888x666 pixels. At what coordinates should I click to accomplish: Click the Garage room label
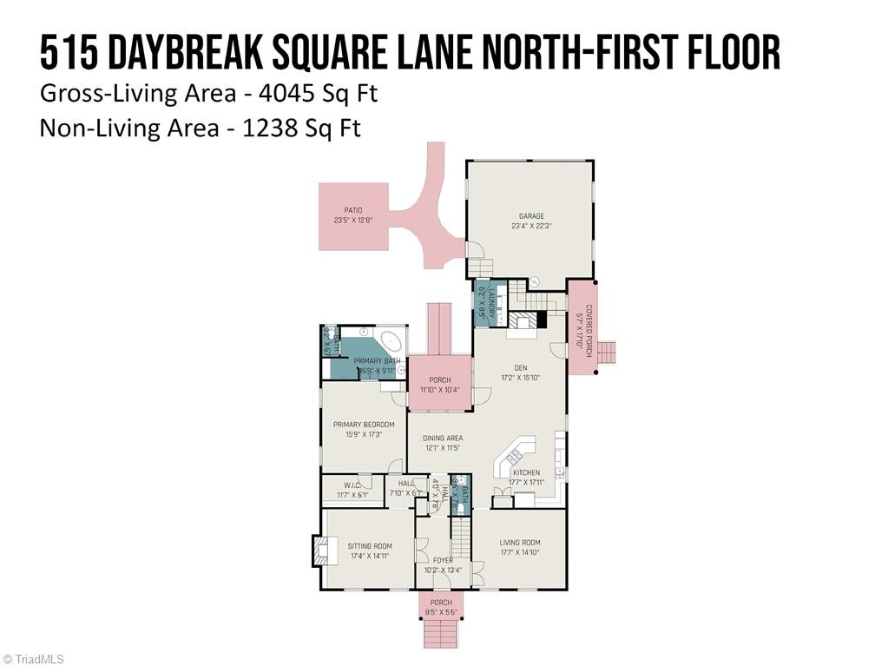tap(531, 216)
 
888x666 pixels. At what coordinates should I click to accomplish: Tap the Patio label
tap(352, 210)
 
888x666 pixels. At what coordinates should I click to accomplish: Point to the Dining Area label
tap(443, 439)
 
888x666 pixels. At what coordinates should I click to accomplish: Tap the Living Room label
tap(519, 544)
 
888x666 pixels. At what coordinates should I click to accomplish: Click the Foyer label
tap(443, 561)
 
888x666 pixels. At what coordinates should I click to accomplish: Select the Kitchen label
tap(526, 473)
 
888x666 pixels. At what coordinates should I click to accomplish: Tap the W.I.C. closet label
tap(352, 486)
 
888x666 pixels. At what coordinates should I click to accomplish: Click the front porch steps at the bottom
tap(442, 635)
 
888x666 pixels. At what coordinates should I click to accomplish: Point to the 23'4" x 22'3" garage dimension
tap(531, 227)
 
